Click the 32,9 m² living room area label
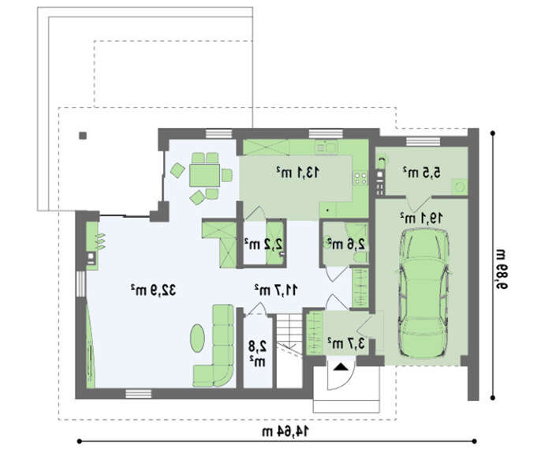pos(154,290)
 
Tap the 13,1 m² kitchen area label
pos(298,172)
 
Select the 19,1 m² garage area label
pos(421,218)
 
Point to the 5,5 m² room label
pos(421,172)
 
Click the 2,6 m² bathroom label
pos(346,244)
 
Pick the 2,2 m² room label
pos(263,244)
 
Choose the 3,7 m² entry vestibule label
pos(346,343)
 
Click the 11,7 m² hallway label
pos(276,290)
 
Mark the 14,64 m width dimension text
pos(285,431)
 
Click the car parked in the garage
pos(423,294)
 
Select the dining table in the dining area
pos(204,175)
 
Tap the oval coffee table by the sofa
pos(197,338)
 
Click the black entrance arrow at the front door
pos(341,367)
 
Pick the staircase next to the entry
pos(289,350)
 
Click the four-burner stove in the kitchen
pos(360,178)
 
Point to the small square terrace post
pos(83,136)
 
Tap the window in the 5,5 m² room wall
pos(423,141)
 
